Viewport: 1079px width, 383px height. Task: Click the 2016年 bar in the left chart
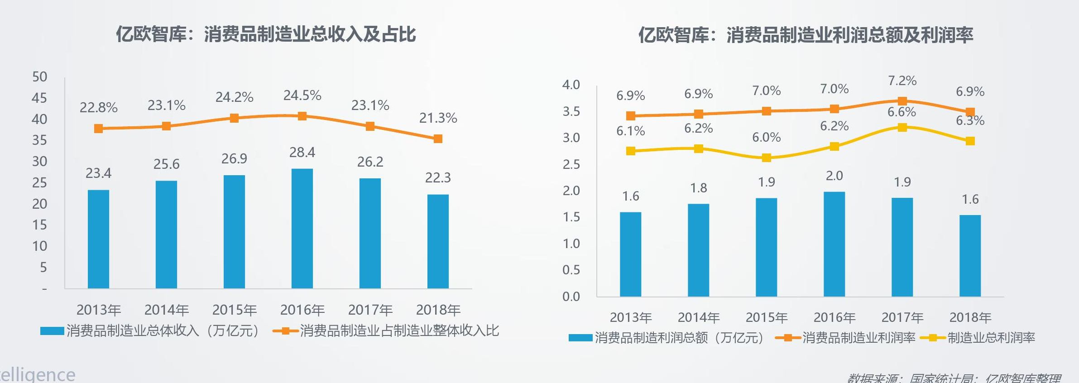pyautogui.click(x=302, y=228)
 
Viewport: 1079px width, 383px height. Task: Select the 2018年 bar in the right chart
pyautogui.click(x=970, y=255)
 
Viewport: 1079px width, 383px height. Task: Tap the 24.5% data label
pyautogui.click(x=302, y=96)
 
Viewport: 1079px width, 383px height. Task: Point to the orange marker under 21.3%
pyautogui.click(x=437, y=139)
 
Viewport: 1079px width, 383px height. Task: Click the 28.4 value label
pyautogui.click(x=302, y=153)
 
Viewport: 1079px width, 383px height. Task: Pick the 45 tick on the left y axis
pyautogui.click(x=39, y=98)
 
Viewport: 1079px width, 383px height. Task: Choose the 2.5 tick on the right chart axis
pyautogui.click(x=571, y=164)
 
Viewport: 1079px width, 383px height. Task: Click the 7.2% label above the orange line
pyautogui.click(x=902, y=81)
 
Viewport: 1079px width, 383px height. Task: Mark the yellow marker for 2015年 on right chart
pyautogui.click(x=766, y=158)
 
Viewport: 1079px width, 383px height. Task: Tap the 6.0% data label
pyautogui.click(x=766, y=138)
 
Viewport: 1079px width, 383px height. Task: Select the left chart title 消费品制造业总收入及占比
pyautogui.click(x=266, y=34)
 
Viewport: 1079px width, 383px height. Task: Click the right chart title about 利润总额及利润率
pyautogui.click(x=806, y=35)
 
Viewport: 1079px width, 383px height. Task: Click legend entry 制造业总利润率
pyautogui.click(x=991, y=338)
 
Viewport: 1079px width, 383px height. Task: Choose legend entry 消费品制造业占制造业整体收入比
pyautogui.click(x=399, y=331)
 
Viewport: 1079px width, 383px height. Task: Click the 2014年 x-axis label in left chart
pyautogui.click(x=166, y=310)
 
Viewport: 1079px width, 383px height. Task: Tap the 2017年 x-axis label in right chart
pyautogui.click(x=902, y=318)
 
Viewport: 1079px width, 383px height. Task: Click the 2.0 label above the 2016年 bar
pyautogui.click(x=834, y=176)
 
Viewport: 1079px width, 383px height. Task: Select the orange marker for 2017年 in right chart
pyautogui.click(x=902, y=101)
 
